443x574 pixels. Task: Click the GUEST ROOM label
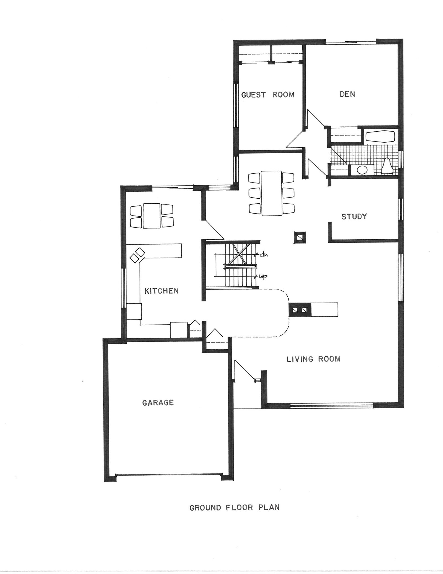pyautogui.click(x=268, y=95)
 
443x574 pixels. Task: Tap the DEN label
pyautogui.click(x=347, y=94)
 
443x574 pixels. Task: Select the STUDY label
pyautogui.click(x=354, y=216)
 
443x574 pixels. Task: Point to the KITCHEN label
pyautogui.click(x=162, y=291)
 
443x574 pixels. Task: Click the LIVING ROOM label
pyautogui.click(x=313, y=359)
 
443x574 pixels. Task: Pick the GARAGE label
pyautogui.click(x=158, y=403)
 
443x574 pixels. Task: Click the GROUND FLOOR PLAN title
pyautogui.click(x=234, y=508)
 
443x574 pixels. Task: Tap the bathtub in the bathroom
pyautogui.click(x=380, y=137)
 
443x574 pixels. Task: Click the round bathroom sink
pyautogui.click(x=362, y=170)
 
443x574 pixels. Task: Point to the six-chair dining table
pyautogui.click(x=271, y=193)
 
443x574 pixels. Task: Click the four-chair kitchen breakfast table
pyautogui.click(x=151, y=216)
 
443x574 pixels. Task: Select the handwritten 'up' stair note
pyautogui.click(x=261, y=276)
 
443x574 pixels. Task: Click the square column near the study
pyautogui.click(x=300, y=237)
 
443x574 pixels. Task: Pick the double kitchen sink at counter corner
pyautogui.click(x=137, y=255)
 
